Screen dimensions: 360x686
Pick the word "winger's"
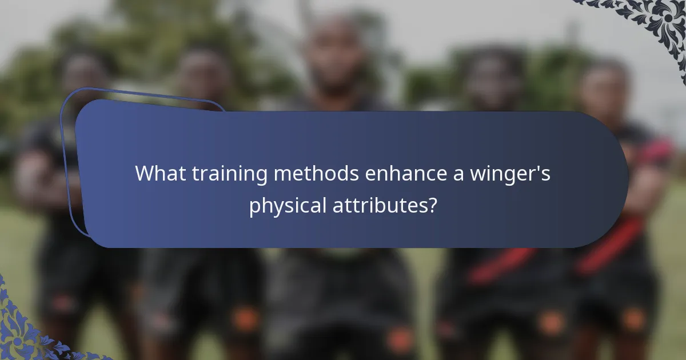click(512, 174)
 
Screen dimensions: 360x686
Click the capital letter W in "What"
click(144, 173)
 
